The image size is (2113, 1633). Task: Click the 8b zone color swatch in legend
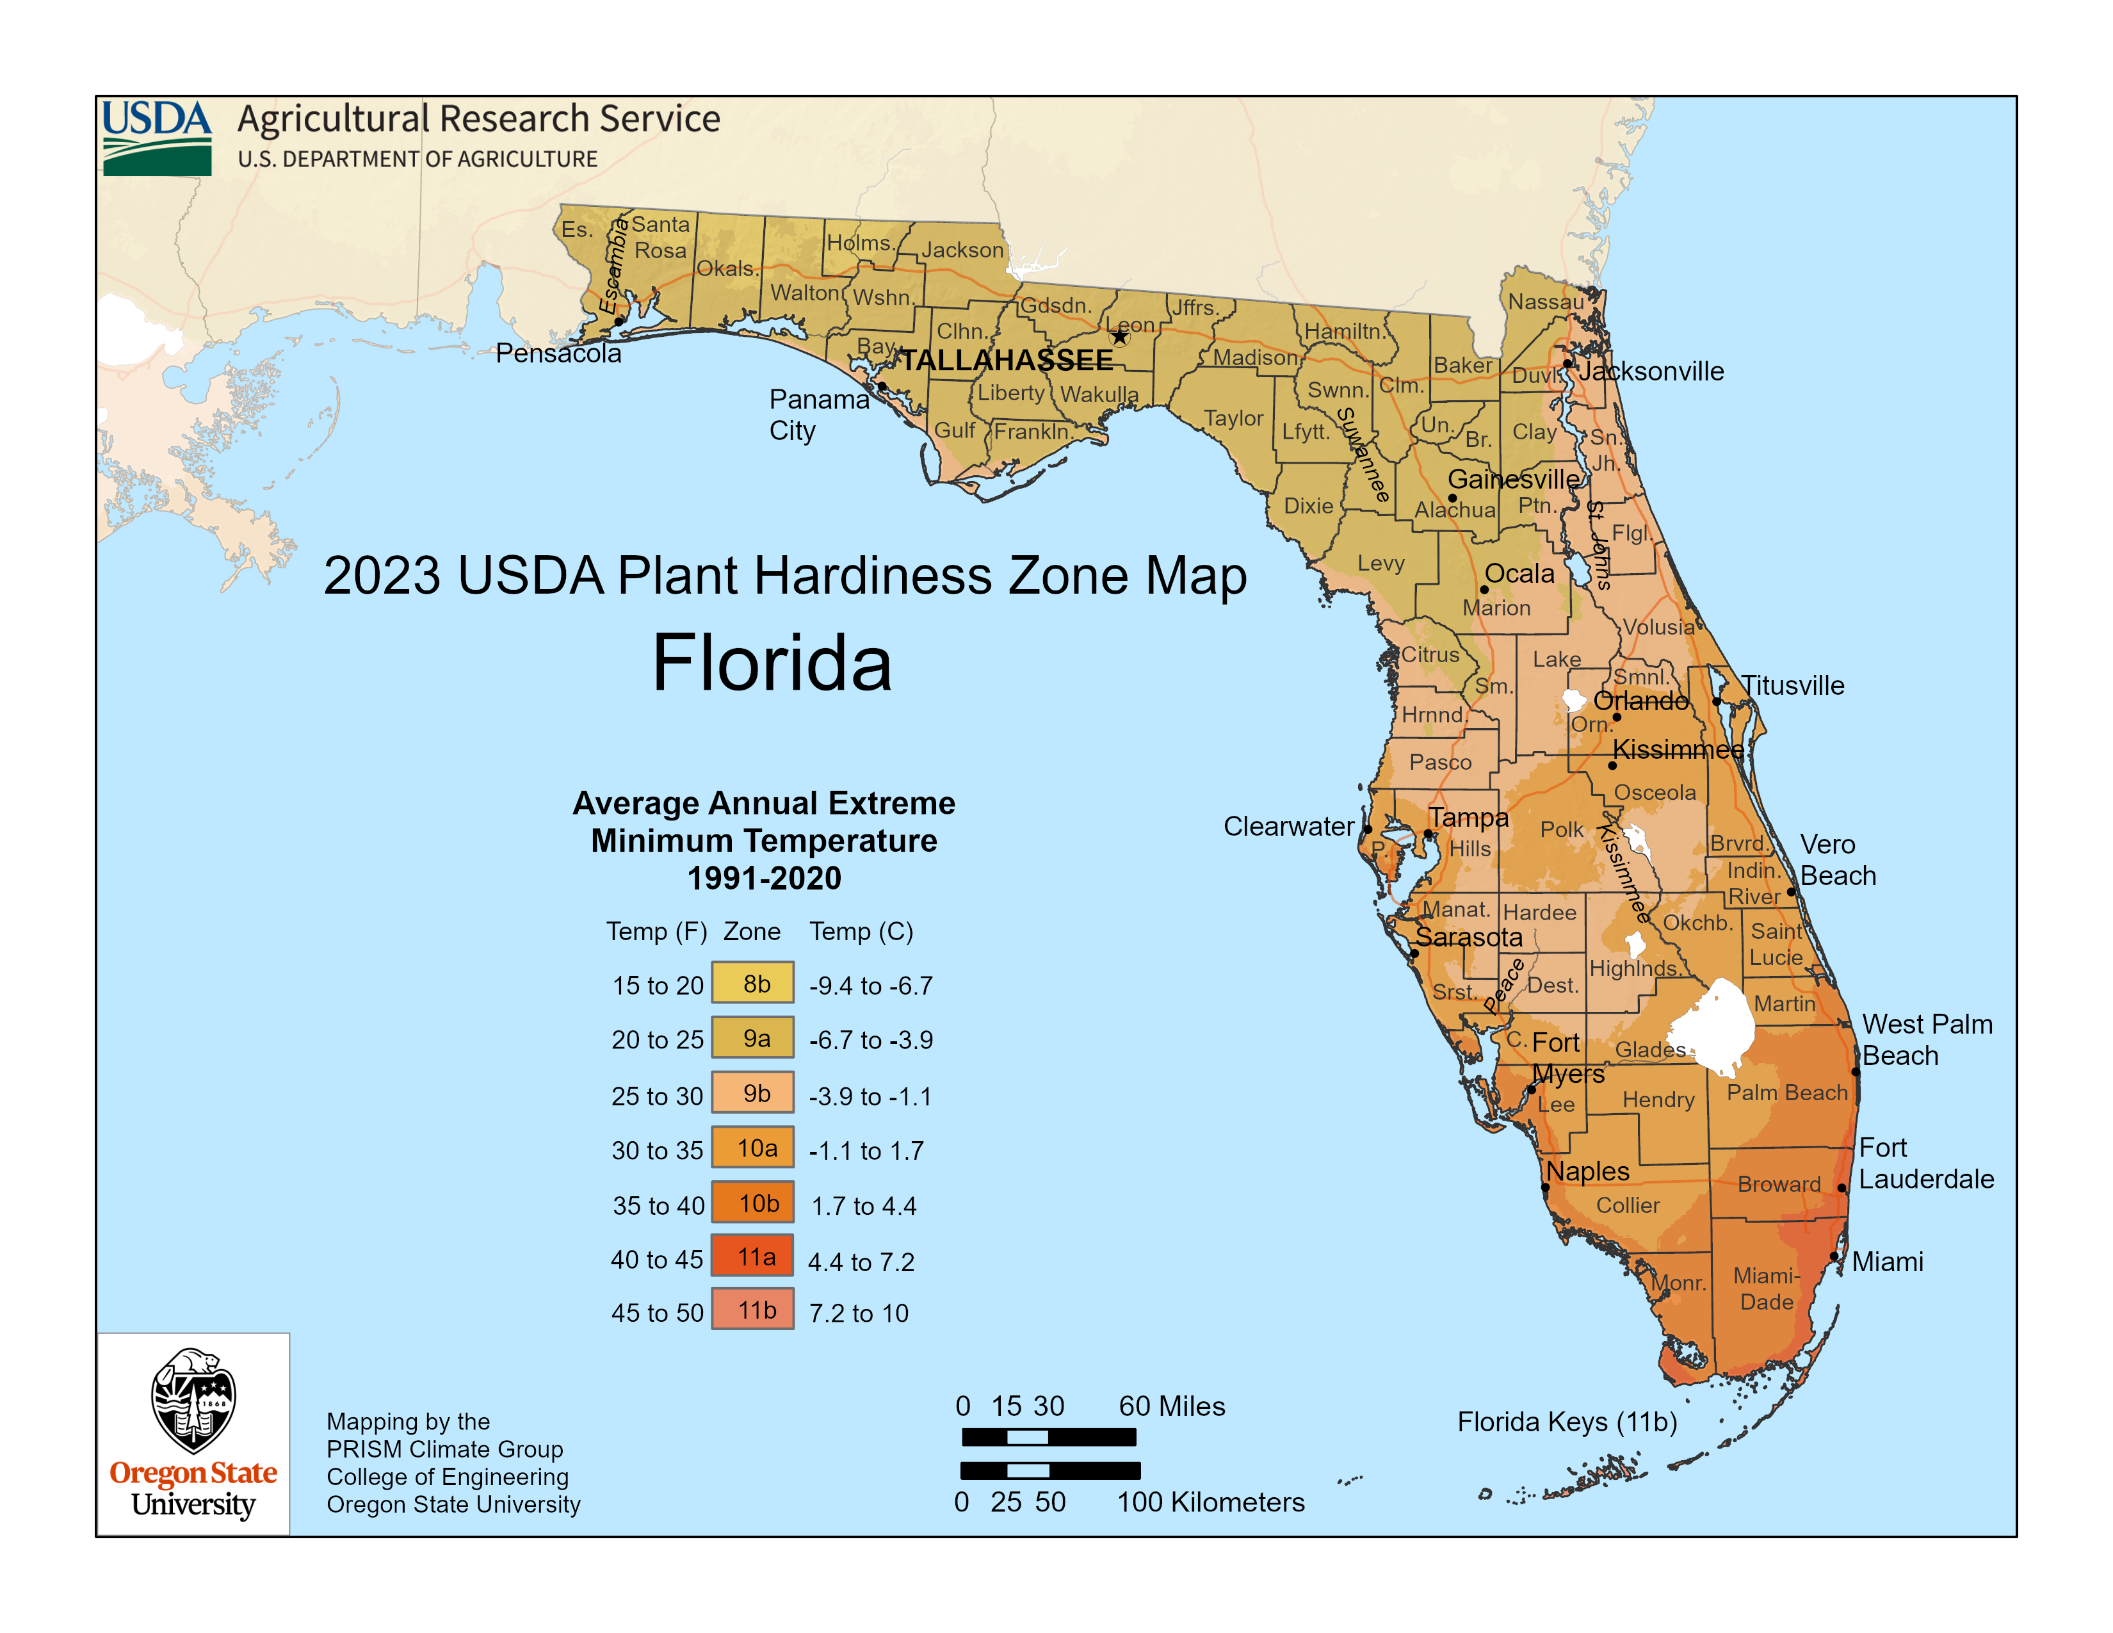tap(753, 983)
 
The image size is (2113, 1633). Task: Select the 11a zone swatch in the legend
tap(753, 1256)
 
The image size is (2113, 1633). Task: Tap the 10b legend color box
tap(753, 1203)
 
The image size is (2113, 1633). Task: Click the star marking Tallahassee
tap(1119, 337)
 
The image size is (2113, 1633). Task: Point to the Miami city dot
tap(1833, 1256)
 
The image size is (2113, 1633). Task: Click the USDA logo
tap(157, 138)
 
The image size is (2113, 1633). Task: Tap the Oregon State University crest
tap(193, 1400)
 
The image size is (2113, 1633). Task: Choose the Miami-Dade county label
tap(1767, 1288)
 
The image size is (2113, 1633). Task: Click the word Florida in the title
tap(771, 663)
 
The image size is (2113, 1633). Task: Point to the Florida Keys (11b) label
tap(1567, 1422)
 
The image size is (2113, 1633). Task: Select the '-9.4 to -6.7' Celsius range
tap(871, 986)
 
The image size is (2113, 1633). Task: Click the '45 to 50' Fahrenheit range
tap(657, 1313)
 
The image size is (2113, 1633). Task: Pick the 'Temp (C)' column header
tap(861, 932)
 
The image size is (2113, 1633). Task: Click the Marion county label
tap(1496, 608)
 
